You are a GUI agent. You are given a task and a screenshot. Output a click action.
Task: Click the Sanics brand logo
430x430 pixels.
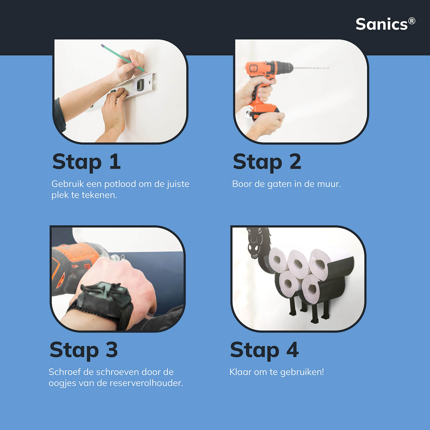click(x=385, y=24)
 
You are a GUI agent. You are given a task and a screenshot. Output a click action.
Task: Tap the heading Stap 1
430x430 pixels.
click(x=87, y=162)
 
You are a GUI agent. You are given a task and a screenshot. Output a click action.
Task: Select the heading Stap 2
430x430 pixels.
click(x=267, y=162)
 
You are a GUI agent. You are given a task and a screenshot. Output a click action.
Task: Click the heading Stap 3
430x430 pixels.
click(x=84, y=350)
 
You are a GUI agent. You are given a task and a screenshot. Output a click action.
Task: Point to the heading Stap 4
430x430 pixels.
click(x=264, y=350)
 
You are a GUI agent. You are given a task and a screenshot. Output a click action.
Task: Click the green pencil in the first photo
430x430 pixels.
click(x=123, y=58)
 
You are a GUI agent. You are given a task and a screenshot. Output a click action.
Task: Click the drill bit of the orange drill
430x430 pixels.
click(x=311, y=68)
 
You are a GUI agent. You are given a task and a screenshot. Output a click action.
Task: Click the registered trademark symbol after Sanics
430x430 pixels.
click(x=412, y=21)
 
